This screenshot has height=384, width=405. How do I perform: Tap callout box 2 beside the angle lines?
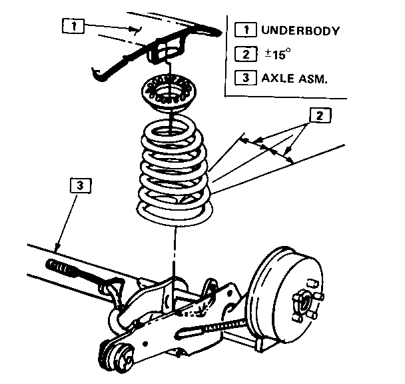coord(319,115)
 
